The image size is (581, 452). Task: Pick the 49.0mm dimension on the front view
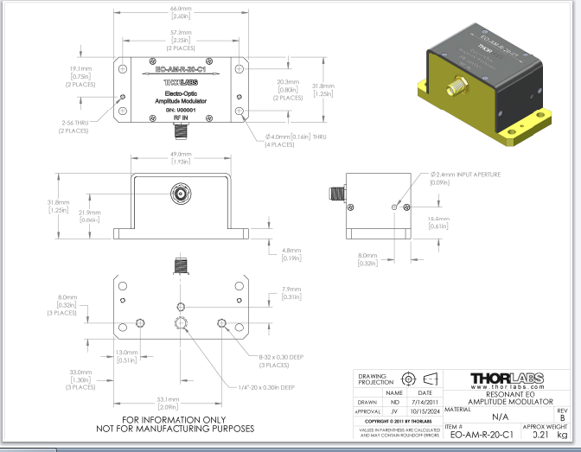180,156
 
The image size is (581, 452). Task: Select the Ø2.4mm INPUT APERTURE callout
468,175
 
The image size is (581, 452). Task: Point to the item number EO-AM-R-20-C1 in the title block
483,434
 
